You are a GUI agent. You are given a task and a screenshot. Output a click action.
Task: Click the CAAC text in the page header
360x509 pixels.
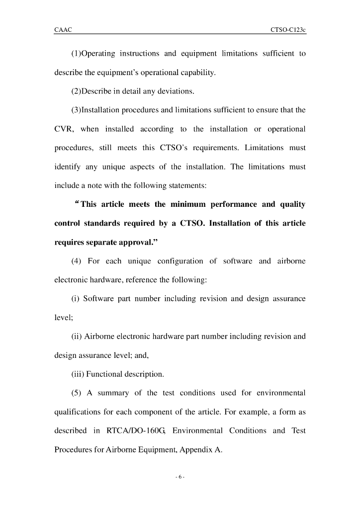[63, 30]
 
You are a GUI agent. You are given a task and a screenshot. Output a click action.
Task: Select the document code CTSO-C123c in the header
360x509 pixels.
[288, 30]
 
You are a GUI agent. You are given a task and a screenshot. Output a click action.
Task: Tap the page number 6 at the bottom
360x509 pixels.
[180, 477]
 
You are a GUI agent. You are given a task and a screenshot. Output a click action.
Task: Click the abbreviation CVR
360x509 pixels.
[64, 129]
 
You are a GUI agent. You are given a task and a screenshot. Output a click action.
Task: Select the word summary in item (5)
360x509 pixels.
[113, 393]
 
